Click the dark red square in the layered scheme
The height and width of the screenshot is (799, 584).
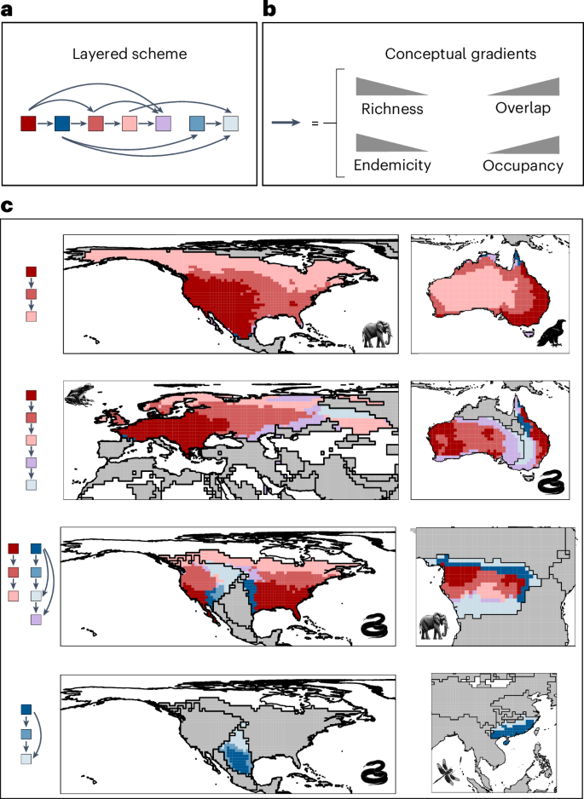(x=28, y=124)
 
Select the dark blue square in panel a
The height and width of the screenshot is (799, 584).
(x=61, y=124)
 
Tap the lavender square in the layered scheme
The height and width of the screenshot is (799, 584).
(x=163, y=124)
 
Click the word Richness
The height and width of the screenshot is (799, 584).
(x=392, y=108)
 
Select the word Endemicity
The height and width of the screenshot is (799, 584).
(x=392, y=164)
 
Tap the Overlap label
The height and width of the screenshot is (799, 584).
(x=523, y=108)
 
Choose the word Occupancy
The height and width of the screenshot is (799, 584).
(x=523, y=164)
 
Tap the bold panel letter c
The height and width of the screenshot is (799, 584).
(x=7, y=207)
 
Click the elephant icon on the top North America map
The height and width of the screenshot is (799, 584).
(x=377, y=334)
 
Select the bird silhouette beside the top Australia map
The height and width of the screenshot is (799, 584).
(x=552, y=332)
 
